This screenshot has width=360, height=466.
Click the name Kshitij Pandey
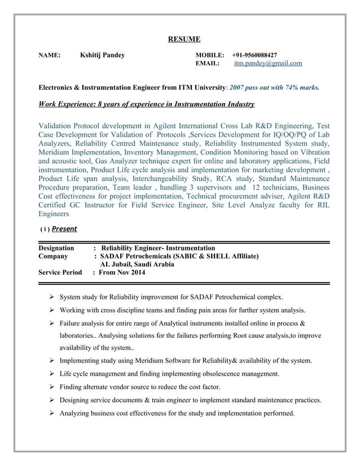[x=102, y=55]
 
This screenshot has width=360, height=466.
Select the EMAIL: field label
[x=207, y=64]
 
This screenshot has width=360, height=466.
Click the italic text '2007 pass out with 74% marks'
[x=274, y=88]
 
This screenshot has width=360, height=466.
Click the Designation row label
[x=56, y=248]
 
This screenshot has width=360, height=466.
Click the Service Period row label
[x=60, y=273]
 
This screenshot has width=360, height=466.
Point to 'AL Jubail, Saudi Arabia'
[x=137, y=265]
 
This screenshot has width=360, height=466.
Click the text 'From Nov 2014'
[x=122, y=273]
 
